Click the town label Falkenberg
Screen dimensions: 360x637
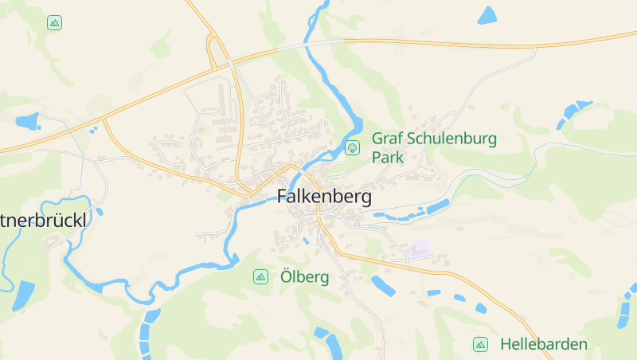(324, 198)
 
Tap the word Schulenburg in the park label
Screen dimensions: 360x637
(451, 139)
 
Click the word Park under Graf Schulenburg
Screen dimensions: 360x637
(388, 158)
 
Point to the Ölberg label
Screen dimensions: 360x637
(305, 277)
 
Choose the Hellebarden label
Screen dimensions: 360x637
(544, 345)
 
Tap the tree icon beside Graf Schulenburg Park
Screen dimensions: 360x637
(352, 147)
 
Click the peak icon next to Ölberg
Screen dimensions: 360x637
(260, 277)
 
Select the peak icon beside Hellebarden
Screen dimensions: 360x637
(480, 345)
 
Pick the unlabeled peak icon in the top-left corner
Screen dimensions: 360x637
(54, 22)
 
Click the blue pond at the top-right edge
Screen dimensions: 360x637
(487, 14)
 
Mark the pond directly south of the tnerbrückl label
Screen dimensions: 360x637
(23, 295)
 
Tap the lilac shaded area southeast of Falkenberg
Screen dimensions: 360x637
(417, 248)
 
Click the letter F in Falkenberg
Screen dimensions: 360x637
(282, 198)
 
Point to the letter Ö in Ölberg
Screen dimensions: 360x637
(287, 277)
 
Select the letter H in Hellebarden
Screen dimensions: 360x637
(506, 345)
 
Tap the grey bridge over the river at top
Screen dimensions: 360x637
(318, 42)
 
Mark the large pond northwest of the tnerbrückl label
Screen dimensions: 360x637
(26, 122)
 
